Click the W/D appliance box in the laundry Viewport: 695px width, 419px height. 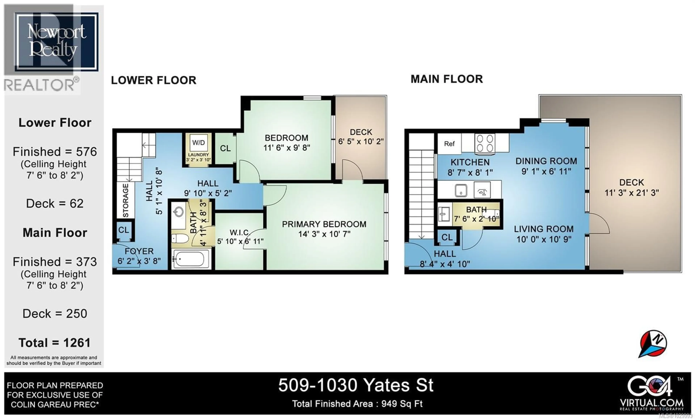[198, 143]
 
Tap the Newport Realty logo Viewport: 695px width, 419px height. [56, 42]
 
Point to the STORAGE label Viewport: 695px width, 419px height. [126, 200]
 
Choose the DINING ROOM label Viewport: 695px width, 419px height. [546, 161]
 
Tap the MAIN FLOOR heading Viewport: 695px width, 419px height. [447, 79]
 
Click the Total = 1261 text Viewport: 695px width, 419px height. [55, 343]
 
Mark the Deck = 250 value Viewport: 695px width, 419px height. [55, 314]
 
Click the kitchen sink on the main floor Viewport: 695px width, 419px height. [461, 191]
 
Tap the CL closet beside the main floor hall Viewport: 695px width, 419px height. [447, 237]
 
